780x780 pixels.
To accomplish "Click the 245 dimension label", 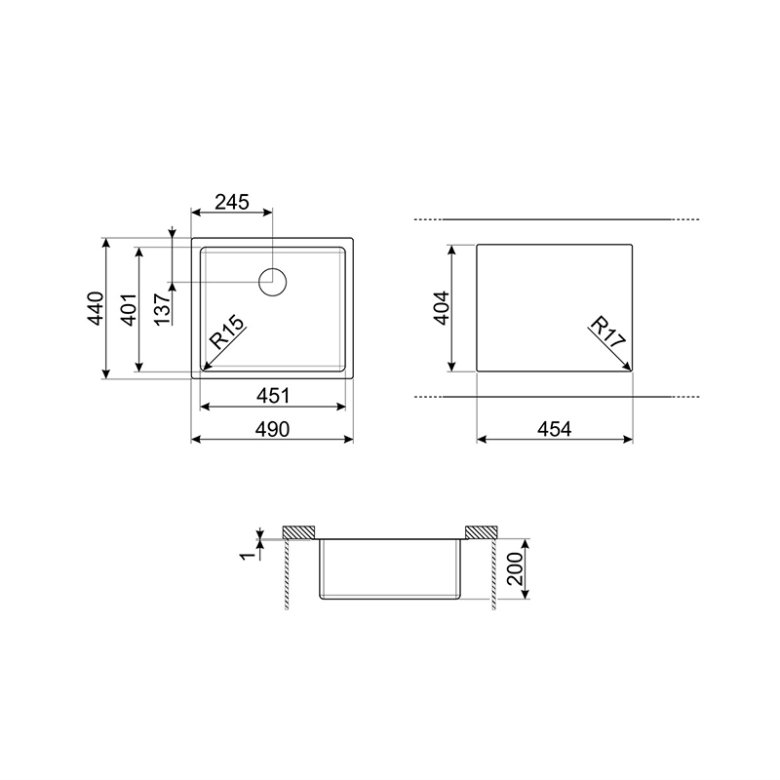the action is click(x=232, y=202).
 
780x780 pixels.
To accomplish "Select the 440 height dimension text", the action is click(x=96, y=308).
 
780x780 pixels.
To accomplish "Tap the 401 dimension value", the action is click(x=130, y=309).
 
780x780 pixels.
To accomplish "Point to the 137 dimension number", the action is click(x=163, y=309).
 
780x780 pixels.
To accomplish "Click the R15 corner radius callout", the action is click(x=227, y=331).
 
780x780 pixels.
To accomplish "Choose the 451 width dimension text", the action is click(x=273, y=396).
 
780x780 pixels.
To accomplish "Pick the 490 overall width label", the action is click(x=272, y=429).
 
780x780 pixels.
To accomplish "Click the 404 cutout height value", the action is click(x=442, y=308).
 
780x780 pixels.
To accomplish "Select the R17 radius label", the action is click(x=606, y=331).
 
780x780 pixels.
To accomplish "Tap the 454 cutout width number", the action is click(x=555, y=429).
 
